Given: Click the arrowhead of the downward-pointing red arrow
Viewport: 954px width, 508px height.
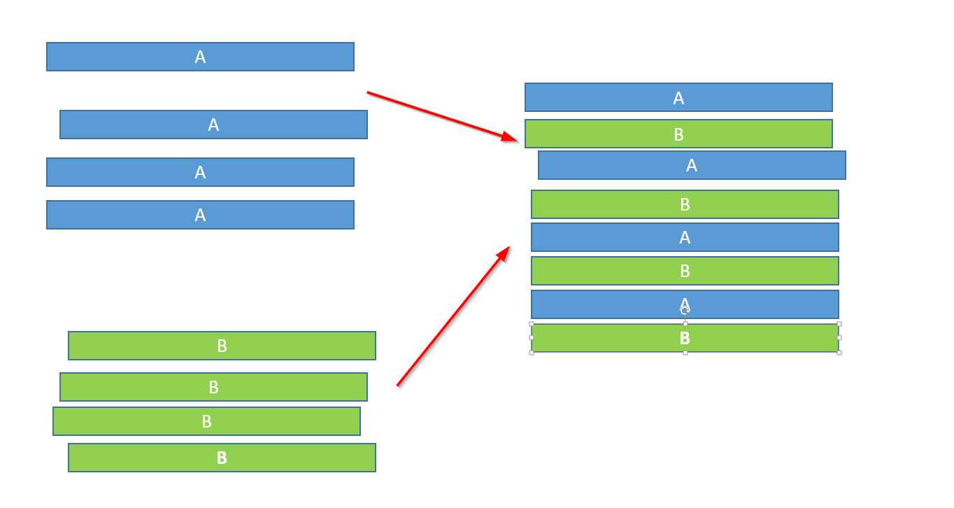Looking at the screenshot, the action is pyautogui.click(x=510, y=136).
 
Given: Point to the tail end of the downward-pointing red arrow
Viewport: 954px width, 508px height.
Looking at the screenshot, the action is pyautogui.click(x=368, y=92).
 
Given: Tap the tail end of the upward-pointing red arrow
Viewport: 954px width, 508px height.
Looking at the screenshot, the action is pyautogui.click(x=397, y=386).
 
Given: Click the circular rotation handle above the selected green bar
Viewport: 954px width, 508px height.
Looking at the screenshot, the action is pyautogui.click(x=685, y=311).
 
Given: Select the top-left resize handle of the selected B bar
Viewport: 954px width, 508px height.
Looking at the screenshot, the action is pyautogui.click(x=532, y=324).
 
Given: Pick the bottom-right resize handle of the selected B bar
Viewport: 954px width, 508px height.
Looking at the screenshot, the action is pyautogui.click(x=839, y=353).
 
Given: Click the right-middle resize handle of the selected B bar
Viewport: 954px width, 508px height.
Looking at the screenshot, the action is pyautogui.click(x=839, y=338).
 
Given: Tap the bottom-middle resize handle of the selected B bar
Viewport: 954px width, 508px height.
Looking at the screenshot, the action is pyautogui.click(x=685, y=353).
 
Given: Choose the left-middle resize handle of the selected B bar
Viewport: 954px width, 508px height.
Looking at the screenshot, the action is pyautogui.click(x=532, y=338).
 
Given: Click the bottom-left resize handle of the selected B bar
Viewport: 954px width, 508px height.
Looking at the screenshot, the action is pyautogui.click(x=532, y=353).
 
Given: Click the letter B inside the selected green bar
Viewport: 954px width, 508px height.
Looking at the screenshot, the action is pyautogui.click(x=685, y=338).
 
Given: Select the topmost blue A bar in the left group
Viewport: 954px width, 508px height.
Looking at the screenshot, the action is pyautogui.click(x=200, y=57).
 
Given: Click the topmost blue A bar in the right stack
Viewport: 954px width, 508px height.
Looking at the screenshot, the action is pyautogui.click(x=678, y=97).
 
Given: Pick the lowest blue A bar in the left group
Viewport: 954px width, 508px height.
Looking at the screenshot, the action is pyautogui.click(x=200, y=215).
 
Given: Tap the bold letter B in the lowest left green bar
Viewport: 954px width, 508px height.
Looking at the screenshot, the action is pyautogui.click(x=222, y=458).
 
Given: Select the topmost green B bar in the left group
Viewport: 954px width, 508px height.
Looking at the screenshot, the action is pyautogui.click(x=222, y=346).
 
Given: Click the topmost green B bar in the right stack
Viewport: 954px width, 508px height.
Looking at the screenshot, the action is pyautogui.click(x=678, y=134).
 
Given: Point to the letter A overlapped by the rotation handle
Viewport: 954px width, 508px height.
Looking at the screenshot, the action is pyautogui.click(x=685, y=304).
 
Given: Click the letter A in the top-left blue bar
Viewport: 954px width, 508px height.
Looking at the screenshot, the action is pyautogui.click(x=200, y=57).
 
